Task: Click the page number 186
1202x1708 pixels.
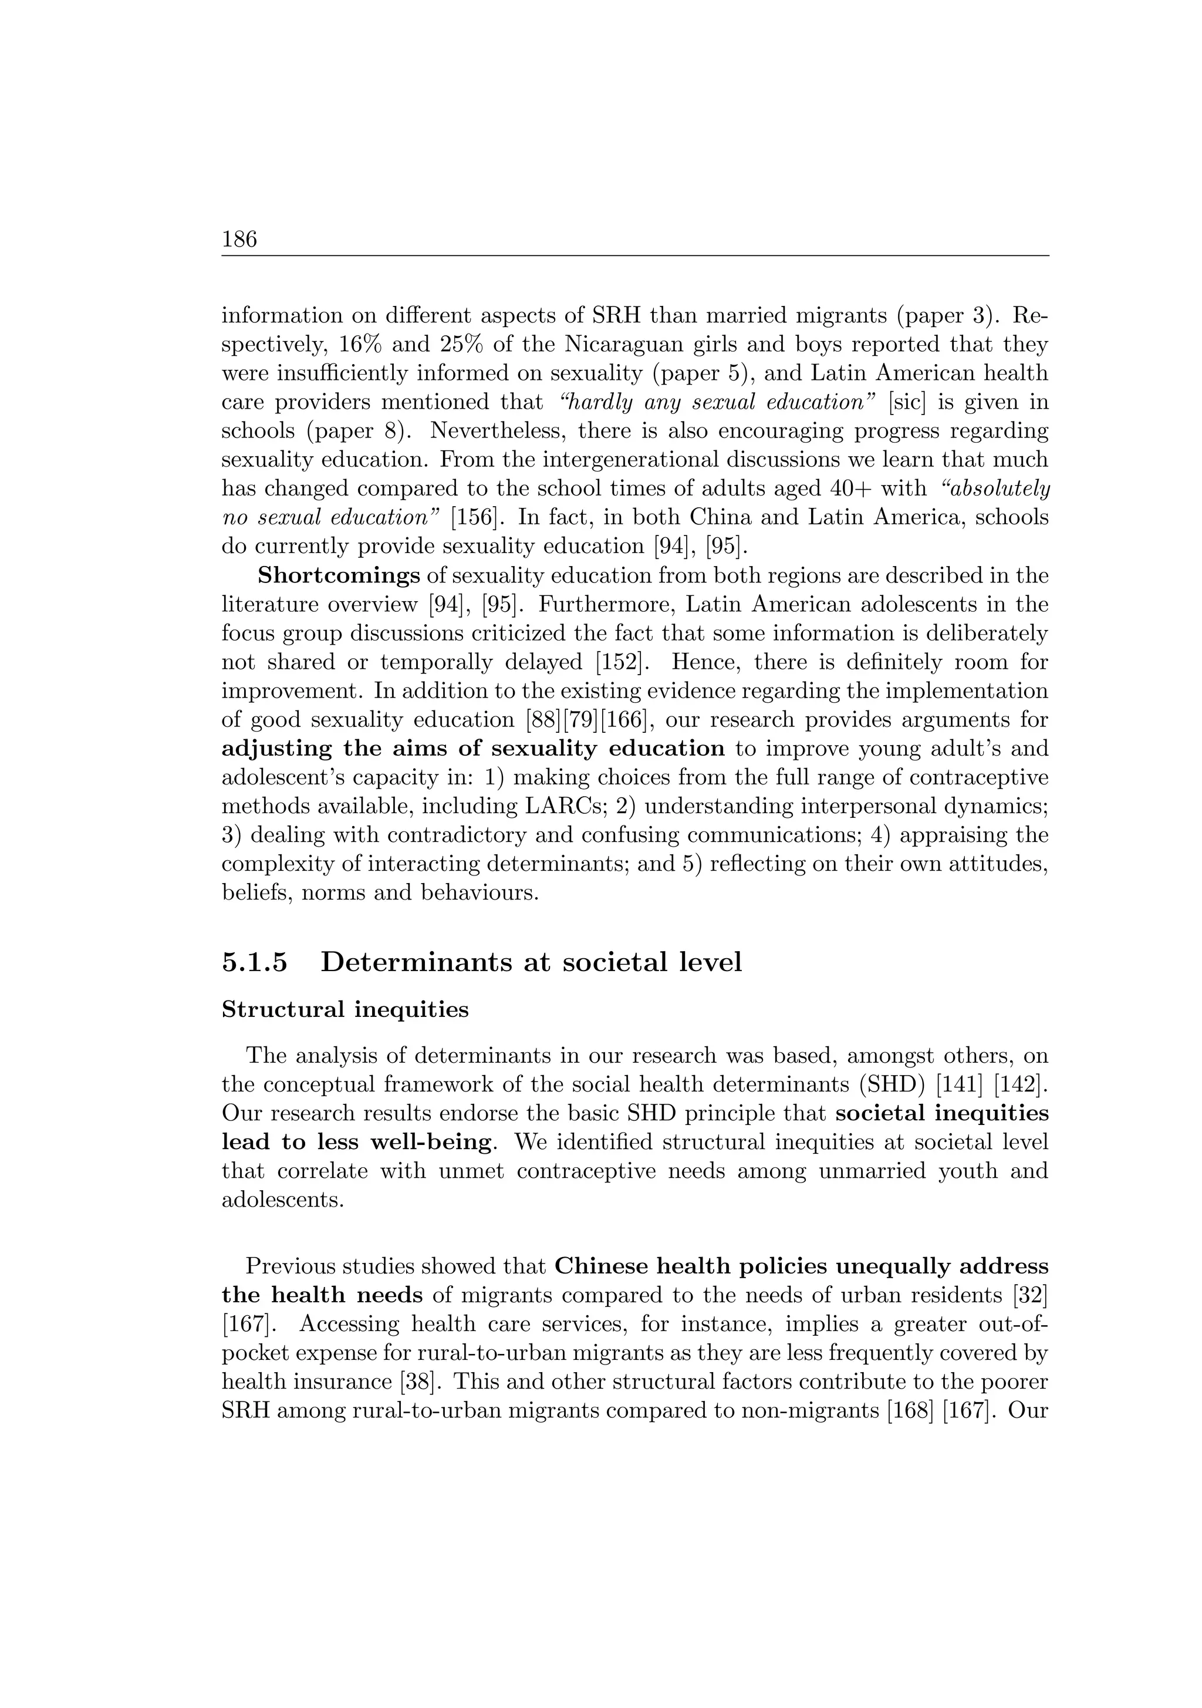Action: tap(239, 240)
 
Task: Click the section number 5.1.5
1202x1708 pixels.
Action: tap(254, 962)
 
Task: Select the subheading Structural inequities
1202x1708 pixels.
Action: tap(345, 1009)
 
